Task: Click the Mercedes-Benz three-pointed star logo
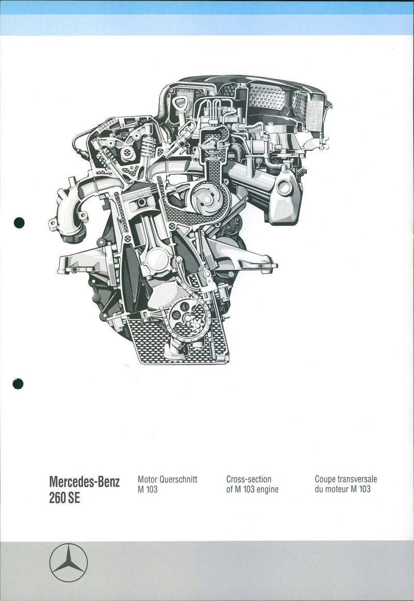[68, 563]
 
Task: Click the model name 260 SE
[65, 498]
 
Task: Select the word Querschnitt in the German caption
[178, 479]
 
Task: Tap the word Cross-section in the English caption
[249, 479]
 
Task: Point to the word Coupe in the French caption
[325, 479]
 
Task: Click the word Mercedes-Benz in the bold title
[84, 482]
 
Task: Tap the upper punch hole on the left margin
[19, 223]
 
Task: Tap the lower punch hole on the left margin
[18, 384]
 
